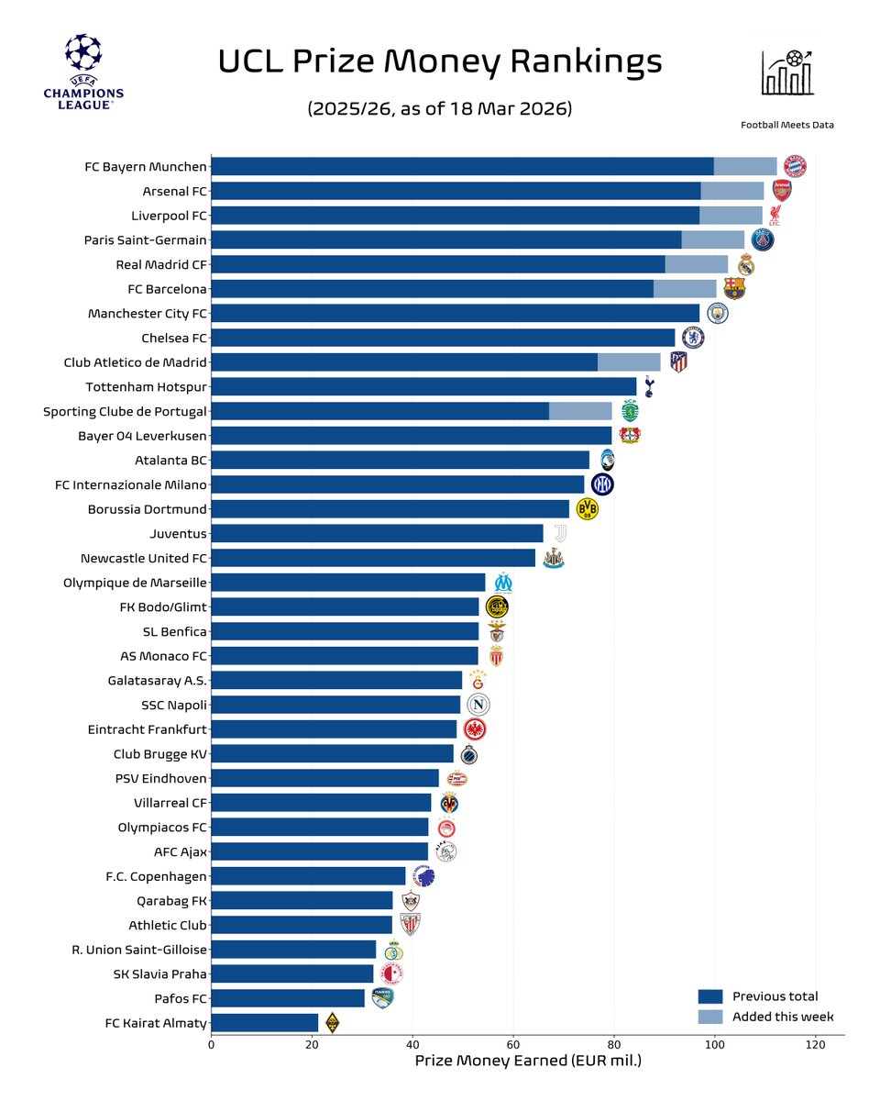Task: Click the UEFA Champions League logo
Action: point(83,72)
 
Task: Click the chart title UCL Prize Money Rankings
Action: point(439,61)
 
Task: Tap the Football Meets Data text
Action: point(787,125)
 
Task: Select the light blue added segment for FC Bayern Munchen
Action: point(744,166)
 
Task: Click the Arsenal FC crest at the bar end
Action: point(781,191)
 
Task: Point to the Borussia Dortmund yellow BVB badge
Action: point(587,509)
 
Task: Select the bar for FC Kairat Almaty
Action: point(265,1022)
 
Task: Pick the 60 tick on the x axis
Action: point(513,1044)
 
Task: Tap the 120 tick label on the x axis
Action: point(815,1044)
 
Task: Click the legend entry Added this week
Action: point(782,1017)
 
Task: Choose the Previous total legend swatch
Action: point(710,996)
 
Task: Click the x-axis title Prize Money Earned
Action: point(527,1062)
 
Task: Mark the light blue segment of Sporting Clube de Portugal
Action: point(580,411)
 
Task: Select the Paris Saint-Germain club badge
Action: point(763,239)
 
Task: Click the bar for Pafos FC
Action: point(288,998)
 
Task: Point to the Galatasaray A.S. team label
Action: point(157,680)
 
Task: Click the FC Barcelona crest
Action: point(734,288)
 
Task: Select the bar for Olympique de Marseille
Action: point(348,583)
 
